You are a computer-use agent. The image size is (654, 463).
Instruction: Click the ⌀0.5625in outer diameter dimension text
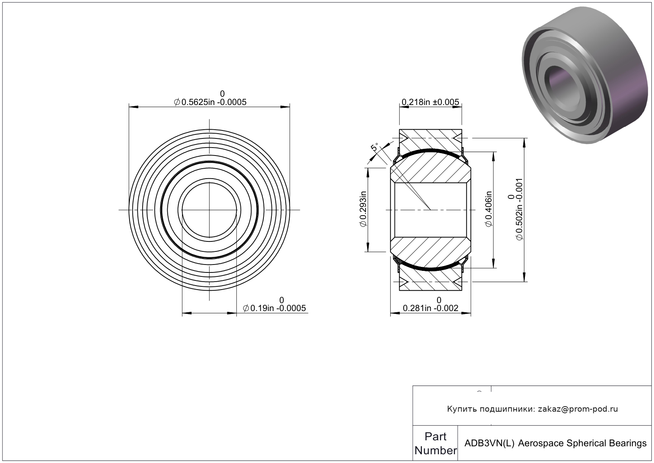coord(210,102)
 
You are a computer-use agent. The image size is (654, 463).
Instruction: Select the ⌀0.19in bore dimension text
coord(274,308)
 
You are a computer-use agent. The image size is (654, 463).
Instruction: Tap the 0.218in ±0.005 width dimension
coord(430,102)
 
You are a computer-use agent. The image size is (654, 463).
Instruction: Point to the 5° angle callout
coord(375,147)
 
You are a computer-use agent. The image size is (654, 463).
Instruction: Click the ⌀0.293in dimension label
coord(363,209)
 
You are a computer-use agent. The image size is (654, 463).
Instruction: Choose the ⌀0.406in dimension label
coord(488,209)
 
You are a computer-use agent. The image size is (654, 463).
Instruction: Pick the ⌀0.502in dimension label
coord(519,209)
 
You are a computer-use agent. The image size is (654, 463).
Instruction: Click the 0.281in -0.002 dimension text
coord(430,308)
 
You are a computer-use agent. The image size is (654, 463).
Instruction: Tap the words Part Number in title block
coord(435,443)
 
